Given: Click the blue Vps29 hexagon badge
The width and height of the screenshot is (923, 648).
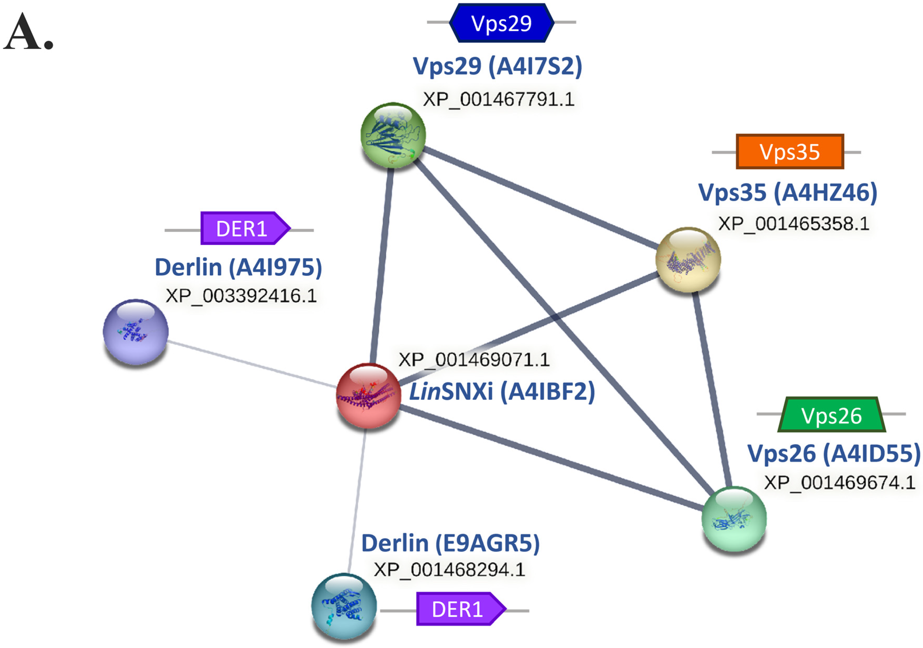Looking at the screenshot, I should click(x=501, y=23).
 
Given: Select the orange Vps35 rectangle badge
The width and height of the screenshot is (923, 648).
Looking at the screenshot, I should click(x=790, y=152).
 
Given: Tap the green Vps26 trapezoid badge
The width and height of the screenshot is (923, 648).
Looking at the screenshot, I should click(x=831, y=415).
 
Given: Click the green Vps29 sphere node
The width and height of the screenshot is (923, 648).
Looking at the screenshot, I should click(x=393, y=135).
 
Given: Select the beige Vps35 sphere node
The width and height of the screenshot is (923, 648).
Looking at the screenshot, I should click(x=688, y=259).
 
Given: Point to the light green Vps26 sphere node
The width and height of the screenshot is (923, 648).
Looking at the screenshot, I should click(x=734, y=519).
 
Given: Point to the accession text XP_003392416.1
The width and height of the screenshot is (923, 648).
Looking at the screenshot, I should click(x=241, y=296).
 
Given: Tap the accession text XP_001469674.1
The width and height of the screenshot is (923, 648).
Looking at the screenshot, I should click(x=839, y=483).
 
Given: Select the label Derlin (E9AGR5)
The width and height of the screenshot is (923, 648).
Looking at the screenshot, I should click(x=450, y=543).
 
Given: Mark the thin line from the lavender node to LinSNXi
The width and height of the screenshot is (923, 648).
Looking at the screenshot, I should click(x=252, y=364).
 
